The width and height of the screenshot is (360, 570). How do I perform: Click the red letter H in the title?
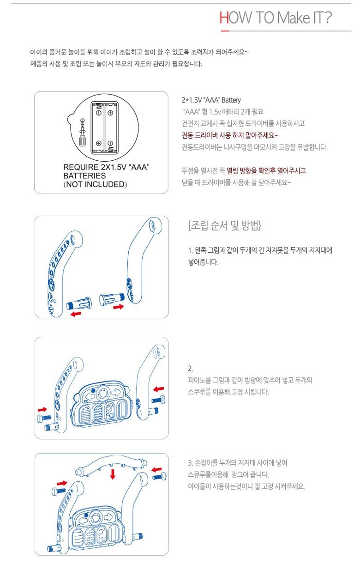224,18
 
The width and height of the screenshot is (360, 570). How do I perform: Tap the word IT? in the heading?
322,18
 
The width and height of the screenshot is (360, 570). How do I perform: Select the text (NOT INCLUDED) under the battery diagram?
95,184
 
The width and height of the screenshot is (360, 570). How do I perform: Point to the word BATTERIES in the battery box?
84,176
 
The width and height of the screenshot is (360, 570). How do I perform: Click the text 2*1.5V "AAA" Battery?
211,100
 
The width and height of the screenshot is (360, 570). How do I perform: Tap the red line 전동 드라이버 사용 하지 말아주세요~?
230,135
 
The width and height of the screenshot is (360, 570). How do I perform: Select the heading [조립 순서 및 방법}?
225,225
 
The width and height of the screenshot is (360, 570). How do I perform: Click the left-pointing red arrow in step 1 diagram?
76,314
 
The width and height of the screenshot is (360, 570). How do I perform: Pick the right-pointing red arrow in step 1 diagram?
119,307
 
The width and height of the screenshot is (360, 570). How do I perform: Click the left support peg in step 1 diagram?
79,303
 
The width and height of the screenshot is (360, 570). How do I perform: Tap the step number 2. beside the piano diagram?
191,369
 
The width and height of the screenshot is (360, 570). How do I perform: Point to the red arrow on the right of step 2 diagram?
159,389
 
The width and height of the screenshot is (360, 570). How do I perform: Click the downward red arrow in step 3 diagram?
113,474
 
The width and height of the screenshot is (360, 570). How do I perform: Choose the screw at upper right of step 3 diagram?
159,476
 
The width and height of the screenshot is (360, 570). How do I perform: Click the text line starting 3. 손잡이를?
237,463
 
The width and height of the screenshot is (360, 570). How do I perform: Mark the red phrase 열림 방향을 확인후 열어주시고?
266,170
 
